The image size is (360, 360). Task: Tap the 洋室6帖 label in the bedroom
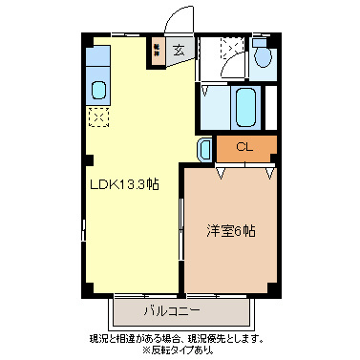(231, 230)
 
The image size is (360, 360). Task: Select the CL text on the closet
(244, 148)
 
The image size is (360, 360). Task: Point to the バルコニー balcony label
(172, 311)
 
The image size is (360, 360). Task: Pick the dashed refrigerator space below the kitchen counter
(97, 116)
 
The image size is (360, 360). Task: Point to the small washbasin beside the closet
(205, 149)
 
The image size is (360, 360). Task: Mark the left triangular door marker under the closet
(222, 173)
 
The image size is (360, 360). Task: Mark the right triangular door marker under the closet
(270, 173)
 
